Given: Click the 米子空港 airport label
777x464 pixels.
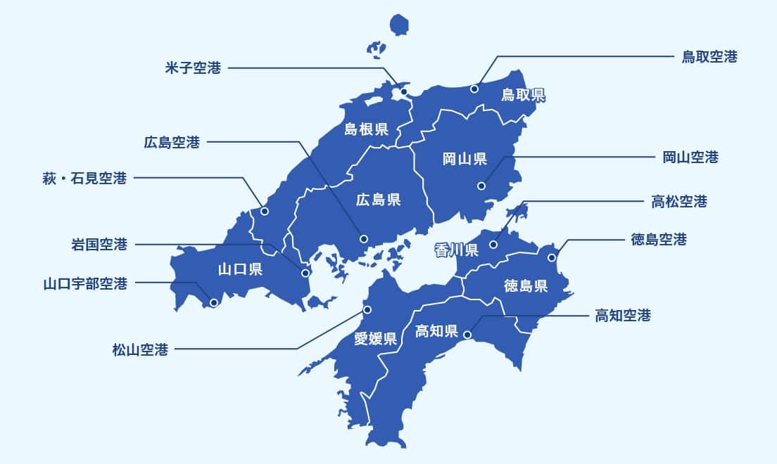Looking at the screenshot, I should [193, 68].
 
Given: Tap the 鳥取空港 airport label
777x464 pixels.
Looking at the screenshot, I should [709, 57].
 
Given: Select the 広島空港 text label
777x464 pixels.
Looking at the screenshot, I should [172, 143].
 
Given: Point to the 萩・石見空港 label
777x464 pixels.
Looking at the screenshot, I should [85, 178].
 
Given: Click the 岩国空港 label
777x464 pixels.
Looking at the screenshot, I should [99, 245].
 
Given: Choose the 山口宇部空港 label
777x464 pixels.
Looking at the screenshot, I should [85, 284].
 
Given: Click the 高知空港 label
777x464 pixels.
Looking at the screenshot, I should [623, 316].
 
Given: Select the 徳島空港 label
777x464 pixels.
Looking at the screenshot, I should [658, 240].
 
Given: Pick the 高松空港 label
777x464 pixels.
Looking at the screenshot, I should [678, 202].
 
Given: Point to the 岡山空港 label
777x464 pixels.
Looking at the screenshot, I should [690, 157].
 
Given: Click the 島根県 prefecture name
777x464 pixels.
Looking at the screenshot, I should [367, 129].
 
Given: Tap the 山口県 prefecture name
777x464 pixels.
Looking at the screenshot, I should [240, 269].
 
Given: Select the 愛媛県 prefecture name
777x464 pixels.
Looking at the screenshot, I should [375, 339].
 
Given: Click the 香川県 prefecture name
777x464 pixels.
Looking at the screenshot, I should [456, 250].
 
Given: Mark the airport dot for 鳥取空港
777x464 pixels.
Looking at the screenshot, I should [474, 89].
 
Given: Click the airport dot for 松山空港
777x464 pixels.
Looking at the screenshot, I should [366, 309].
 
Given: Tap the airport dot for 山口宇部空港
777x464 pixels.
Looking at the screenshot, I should [214, 302].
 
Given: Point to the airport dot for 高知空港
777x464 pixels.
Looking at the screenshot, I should [467, 335].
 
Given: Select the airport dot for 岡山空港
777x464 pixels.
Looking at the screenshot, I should [481, 186].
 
